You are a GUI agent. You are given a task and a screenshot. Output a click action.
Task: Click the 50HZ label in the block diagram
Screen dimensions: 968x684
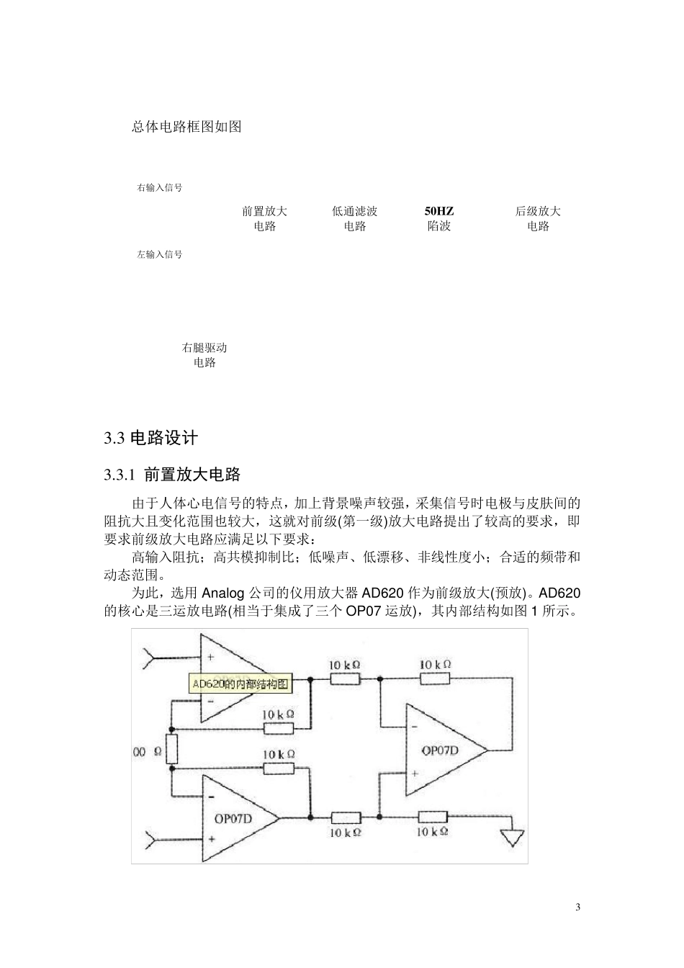click(x=439, y=211)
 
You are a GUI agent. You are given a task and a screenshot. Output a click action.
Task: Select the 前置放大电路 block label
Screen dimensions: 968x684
click(x=265, y=219)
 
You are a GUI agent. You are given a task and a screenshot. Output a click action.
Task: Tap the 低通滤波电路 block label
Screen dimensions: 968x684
click(x=354, y=219)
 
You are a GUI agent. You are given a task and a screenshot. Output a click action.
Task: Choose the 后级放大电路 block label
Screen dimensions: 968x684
click(x=538, y=219)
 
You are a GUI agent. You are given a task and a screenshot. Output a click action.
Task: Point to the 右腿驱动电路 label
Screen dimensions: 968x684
click(x=204, y=355)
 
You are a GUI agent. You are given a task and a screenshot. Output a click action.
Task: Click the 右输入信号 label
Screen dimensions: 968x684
click(x=159, y=188)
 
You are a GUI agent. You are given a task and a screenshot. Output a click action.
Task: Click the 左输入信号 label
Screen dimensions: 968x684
click(x=159, y=254)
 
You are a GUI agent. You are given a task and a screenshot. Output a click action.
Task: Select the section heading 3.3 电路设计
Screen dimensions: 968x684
click(x=150, y=438)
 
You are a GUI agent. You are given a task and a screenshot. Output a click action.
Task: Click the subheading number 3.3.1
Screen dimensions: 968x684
click(x=120, y=475)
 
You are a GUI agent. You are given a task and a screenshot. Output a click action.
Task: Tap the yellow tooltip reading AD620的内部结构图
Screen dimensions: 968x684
click(x=240, y=684)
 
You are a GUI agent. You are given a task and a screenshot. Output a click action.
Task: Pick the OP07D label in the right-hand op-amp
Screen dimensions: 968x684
click(x=441, y=750)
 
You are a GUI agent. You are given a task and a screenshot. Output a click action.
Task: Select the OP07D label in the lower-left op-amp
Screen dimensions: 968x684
click(x=232, y=818)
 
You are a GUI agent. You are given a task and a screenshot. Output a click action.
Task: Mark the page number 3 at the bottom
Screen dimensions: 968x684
click(x=577, y=907)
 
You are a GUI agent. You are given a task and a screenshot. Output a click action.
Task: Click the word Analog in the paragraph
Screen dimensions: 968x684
click(x=223, y=593)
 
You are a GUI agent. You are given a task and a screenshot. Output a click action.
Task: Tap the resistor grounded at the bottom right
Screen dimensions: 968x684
click(x=432, y=817)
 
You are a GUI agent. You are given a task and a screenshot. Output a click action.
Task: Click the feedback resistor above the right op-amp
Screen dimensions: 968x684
click(x=434, y=678)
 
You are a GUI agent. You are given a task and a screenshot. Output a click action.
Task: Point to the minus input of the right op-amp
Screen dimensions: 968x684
click(x=414, y=727)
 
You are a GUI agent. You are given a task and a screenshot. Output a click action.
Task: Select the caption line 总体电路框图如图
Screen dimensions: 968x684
click(x=187, y=127)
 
